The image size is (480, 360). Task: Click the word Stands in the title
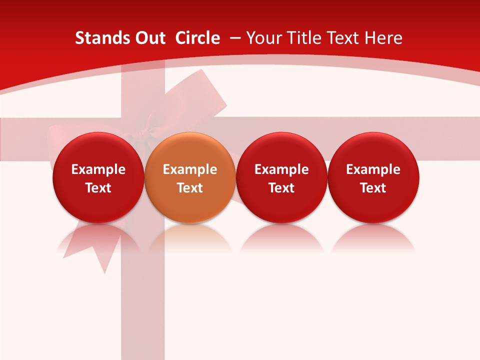(x=98, y=38)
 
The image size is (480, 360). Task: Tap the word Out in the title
(x=148, y=38)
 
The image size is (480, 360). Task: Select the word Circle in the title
(x=197, y=38)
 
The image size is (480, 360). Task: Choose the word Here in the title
(x=383, y=38)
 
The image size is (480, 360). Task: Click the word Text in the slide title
(x=342, y=38)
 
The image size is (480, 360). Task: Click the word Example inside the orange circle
(x=190, y=169)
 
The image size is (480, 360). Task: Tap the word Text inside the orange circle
(x=190, y=188)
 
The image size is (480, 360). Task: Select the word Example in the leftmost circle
(x=98, y=169)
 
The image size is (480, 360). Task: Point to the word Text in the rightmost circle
(x=373, y=188)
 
